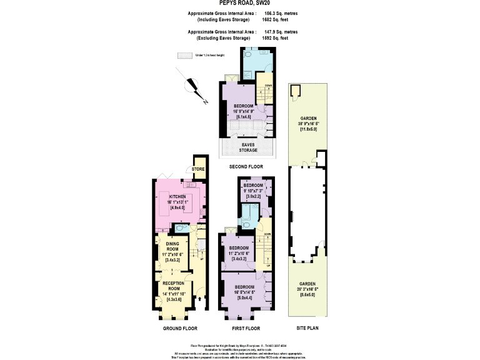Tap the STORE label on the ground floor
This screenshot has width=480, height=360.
coord(198,169)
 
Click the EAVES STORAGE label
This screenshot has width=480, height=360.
coord(248,147)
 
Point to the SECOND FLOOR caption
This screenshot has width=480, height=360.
coord(246,167)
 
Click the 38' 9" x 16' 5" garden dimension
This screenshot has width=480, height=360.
coord(309,124)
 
